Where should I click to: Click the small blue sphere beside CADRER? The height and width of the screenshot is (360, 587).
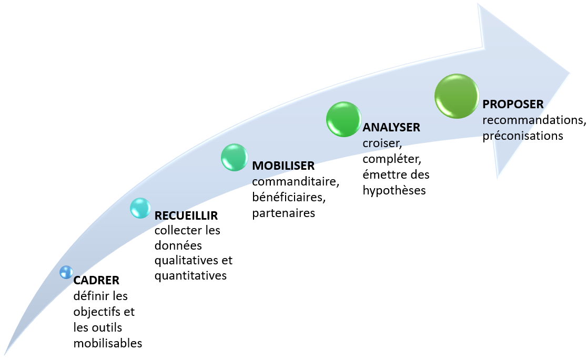coord(66,272)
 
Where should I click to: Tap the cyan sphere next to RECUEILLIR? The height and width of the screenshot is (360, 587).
coord(140,208)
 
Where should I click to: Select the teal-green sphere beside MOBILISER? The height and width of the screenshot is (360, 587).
coord(234,157)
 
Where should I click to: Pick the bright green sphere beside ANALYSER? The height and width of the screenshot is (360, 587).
coord(343,119)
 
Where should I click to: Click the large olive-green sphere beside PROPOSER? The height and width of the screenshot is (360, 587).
coord(457,96)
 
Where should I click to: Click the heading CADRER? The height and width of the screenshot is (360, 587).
coord(96,280)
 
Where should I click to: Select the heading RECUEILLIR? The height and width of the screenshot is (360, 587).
coord(186,215)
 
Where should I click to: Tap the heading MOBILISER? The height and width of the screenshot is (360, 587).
coord(283,166)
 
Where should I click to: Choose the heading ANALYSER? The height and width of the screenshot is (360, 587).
coord(391,127)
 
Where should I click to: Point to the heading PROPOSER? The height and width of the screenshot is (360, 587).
coord(513,104)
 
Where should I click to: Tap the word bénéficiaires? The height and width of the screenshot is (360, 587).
coord(289,198)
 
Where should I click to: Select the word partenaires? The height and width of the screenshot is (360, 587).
coord(284,213)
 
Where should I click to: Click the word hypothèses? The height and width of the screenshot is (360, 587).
coord(394,190)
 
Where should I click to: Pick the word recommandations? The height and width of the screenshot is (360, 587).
coord(534,120)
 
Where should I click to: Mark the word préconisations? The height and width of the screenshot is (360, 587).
coord(523,135)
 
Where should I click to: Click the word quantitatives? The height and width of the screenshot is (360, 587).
coord(190,275)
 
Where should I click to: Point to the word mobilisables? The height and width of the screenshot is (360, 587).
coord(108,343)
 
